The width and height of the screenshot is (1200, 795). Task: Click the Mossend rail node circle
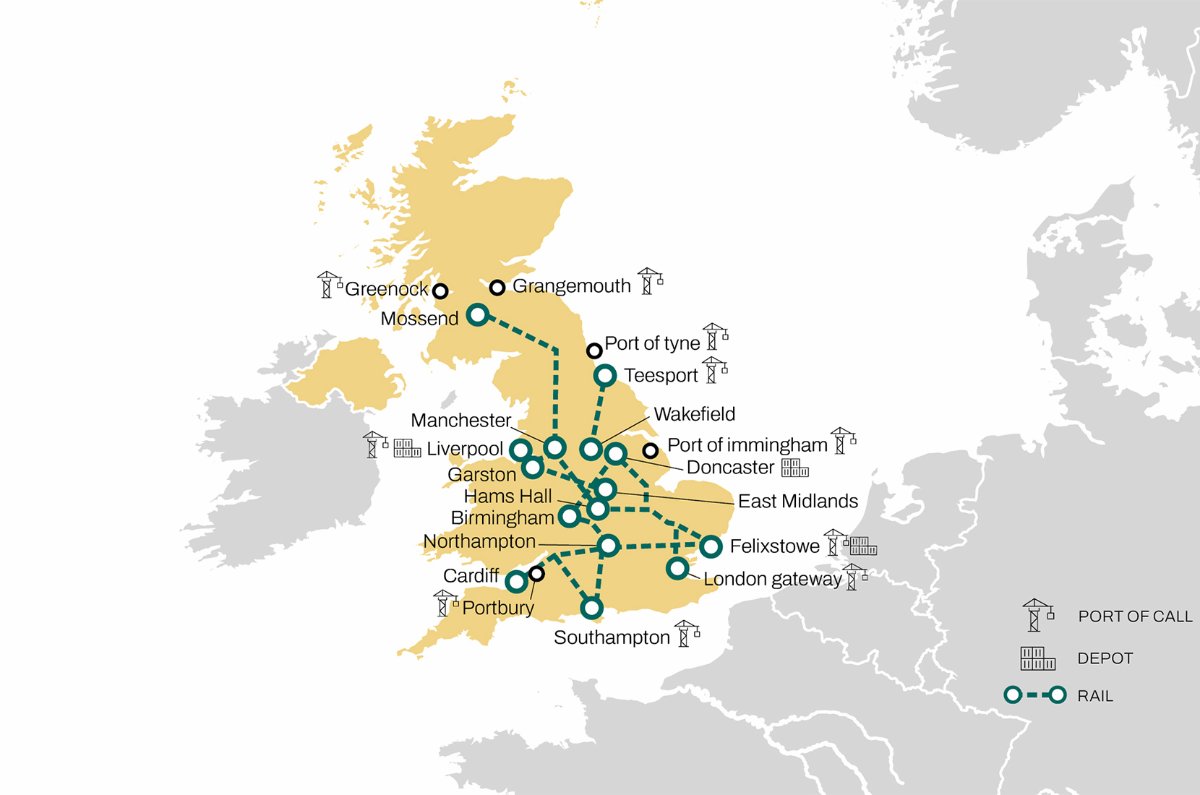[x=478, y=314]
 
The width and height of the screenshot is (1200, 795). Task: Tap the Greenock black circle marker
[x=440, y=291]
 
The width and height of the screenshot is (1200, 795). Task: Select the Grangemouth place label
[x=571, y=286]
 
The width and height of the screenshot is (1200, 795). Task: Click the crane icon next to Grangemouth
[x=649, y=281]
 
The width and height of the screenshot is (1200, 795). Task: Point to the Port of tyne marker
[x=594, y=351]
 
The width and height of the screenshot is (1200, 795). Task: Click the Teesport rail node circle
[x=605, y=376]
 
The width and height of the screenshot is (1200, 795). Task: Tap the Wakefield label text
[x=694, y=414]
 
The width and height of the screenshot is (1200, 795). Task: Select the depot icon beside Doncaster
[x=794, y=468]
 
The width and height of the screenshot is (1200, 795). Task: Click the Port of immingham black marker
[x=651, y=451]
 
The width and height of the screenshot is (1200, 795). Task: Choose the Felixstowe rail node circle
[x=711, y=546]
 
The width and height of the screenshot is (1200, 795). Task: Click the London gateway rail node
[x=677, y=569]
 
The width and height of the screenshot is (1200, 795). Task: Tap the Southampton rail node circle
[x=592, y=609]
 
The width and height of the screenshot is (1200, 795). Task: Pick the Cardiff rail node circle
[x=516, y=581]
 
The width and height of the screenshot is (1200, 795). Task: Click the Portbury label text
[x=498, y=609]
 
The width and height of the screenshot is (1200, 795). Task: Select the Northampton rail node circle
[x=609, y=546]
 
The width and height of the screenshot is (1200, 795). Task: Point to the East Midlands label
[x=797, y=501]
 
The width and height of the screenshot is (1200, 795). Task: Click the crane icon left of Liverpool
[x=374, y=445]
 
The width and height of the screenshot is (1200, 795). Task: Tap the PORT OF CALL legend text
[x=1135, y=616]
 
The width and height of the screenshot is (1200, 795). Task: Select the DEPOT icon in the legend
[x=1037, y=658]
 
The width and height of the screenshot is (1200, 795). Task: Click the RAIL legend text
[x=1094, y=696]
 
